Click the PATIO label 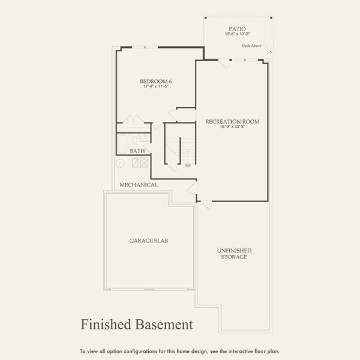[x=236, y=28]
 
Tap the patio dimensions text [x=236, y=35]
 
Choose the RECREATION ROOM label [x=232, y=121]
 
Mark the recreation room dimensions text [x=232, y=128]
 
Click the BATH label [x=137, y=151]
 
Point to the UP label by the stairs [x=188, y=166]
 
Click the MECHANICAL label [x=139, y=185]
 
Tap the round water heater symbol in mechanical [x=120, y=163]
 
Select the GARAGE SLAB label [x=148, y=241]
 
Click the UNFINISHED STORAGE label [x=234, y=254]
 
